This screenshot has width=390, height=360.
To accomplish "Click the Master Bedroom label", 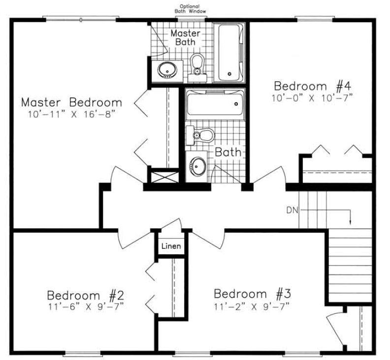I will coord(71,103).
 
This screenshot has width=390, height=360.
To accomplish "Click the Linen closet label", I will coord(171,246).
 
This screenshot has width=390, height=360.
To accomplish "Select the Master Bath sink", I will coord(167,70).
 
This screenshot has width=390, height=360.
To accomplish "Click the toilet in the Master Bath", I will coord(197,66).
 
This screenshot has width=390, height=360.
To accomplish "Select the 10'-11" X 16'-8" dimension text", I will coord(71,115).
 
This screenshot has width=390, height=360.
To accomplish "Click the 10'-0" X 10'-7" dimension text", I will coord(313,97).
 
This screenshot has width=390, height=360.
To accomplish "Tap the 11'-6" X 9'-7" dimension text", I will coord(85,307).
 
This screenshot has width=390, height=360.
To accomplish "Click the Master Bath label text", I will coord(185,37).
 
